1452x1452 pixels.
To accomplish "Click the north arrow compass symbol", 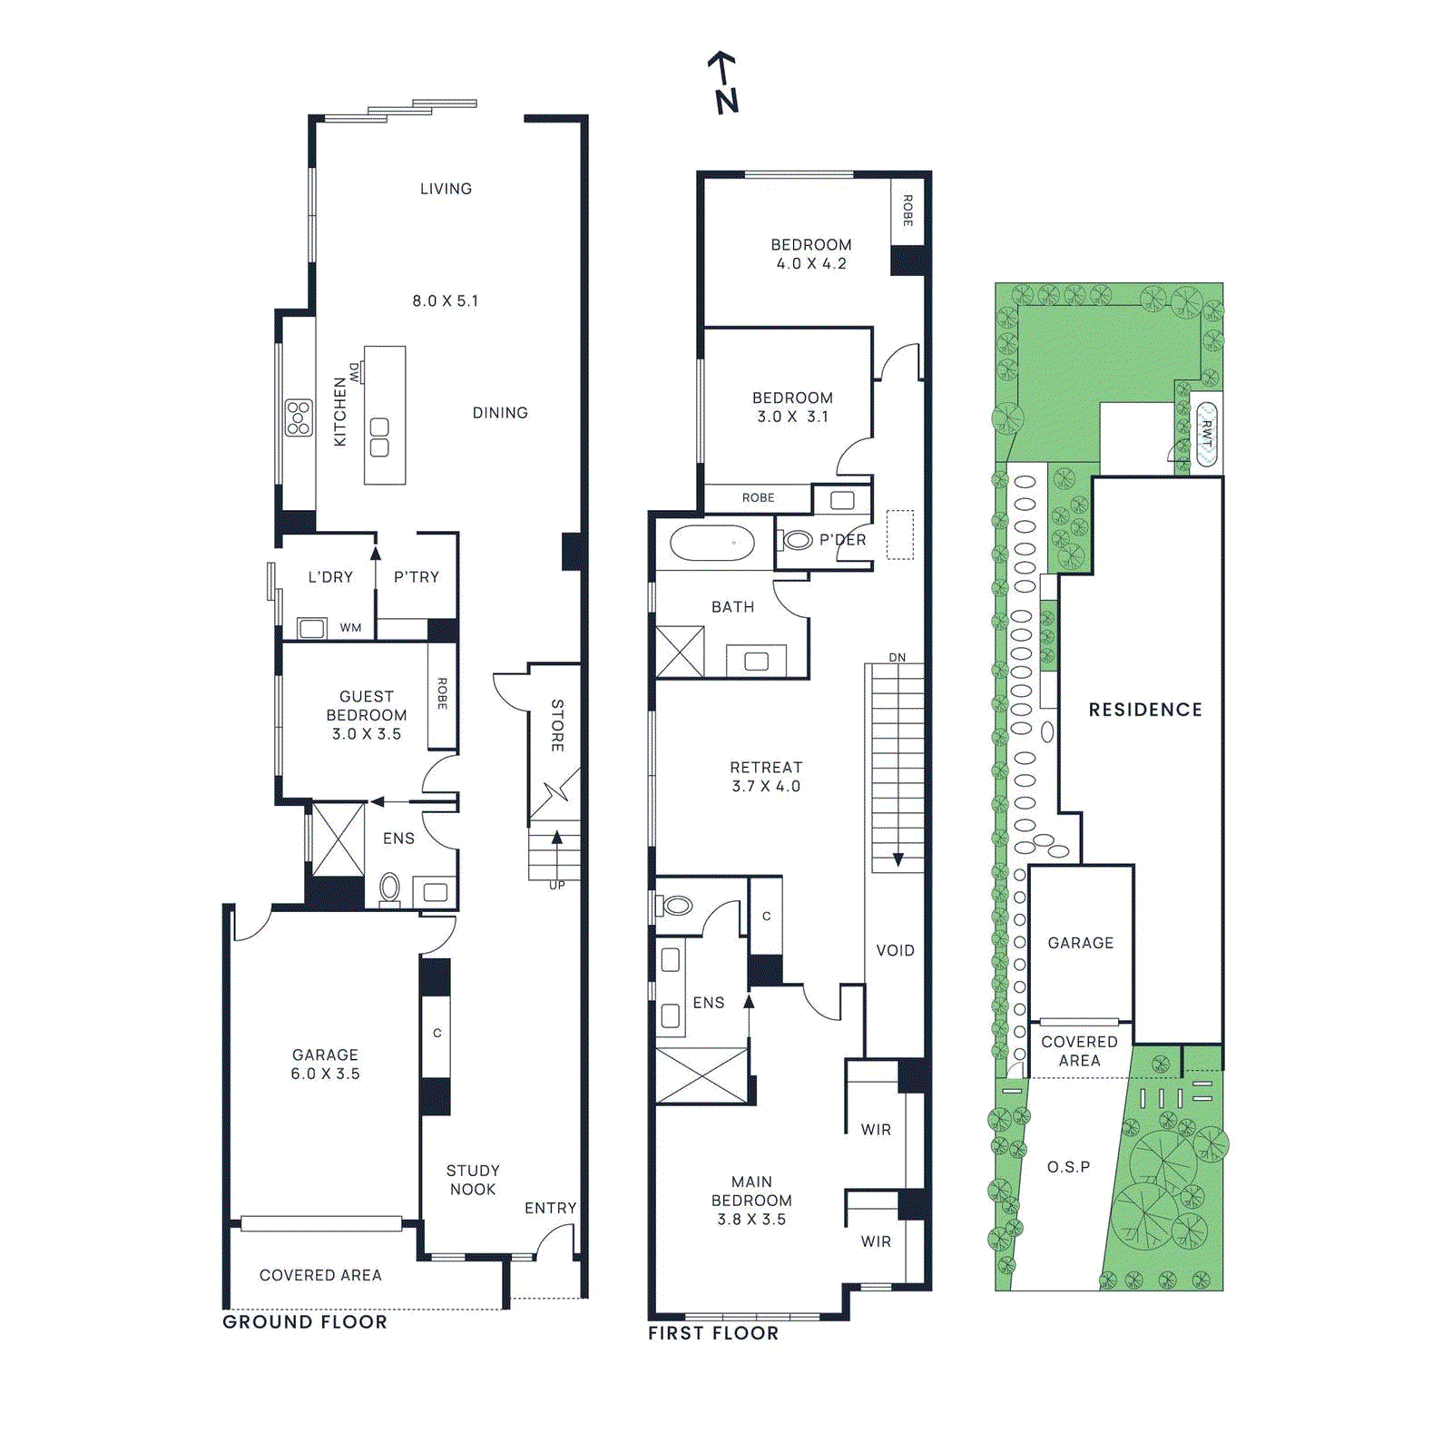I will (x=723, y=82).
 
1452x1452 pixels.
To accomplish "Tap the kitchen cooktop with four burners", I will (x=299, y=417).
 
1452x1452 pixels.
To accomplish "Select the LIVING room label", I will (x=446, y=189).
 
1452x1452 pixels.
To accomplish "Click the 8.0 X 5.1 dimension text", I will (x=445, y=300).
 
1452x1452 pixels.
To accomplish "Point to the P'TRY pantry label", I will (x=417, y=577).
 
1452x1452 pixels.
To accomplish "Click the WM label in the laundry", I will (x=350, y=628).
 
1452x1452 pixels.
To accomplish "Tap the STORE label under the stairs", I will (x=557, y=725).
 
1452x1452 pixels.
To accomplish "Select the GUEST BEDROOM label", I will (x=367, y=715).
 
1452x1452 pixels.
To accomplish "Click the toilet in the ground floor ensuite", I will (x=389, y=887).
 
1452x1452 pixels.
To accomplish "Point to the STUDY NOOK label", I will (x=473, y=1180).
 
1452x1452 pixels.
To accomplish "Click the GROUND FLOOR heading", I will (x=305, y=1322).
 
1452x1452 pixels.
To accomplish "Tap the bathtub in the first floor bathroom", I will (x=712, y=544).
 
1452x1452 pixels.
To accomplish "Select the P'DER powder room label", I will (x=842, y=540).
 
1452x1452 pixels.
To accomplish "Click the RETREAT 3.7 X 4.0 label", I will (x=766, y=777).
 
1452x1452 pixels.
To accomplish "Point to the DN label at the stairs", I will (x=897, y=657).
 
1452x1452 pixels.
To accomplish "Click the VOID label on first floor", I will (x=895, y=950).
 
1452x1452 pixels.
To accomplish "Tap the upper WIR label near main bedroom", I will (x=876, y=1130).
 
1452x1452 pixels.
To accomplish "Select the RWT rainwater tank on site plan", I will (x=1206, y=434).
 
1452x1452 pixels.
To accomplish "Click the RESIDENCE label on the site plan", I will (x=1145, y=710).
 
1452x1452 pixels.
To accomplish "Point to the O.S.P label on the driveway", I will (x=1068, y=1167).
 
